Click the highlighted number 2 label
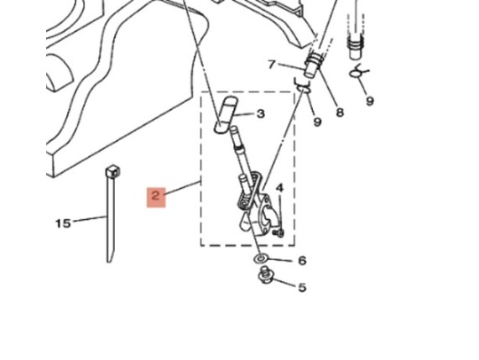coord(156,197)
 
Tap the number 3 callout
coord(260,113)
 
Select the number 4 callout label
coord(280,188)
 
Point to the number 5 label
coord(302,287)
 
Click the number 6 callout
coord(302,260)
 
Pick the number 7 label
coord(272,64)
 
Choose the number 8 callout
coord(340,112)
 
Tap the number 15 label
coord(63,223)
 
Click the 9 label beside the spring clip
coord(370,101)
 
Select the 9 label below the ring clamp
coord(317,122)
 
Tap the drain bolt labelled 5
coord(265,274)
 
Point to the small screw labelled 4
coord(279,233)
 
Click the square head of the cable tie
coord(112,172)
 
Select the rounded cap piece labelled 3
coord(226,115)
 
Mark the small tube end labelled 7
coord(310,70)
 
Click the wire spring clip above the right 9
coord(357,72)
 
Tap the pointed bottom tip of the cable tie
coord(108,262)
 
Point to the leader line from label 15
coord(89,218)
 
